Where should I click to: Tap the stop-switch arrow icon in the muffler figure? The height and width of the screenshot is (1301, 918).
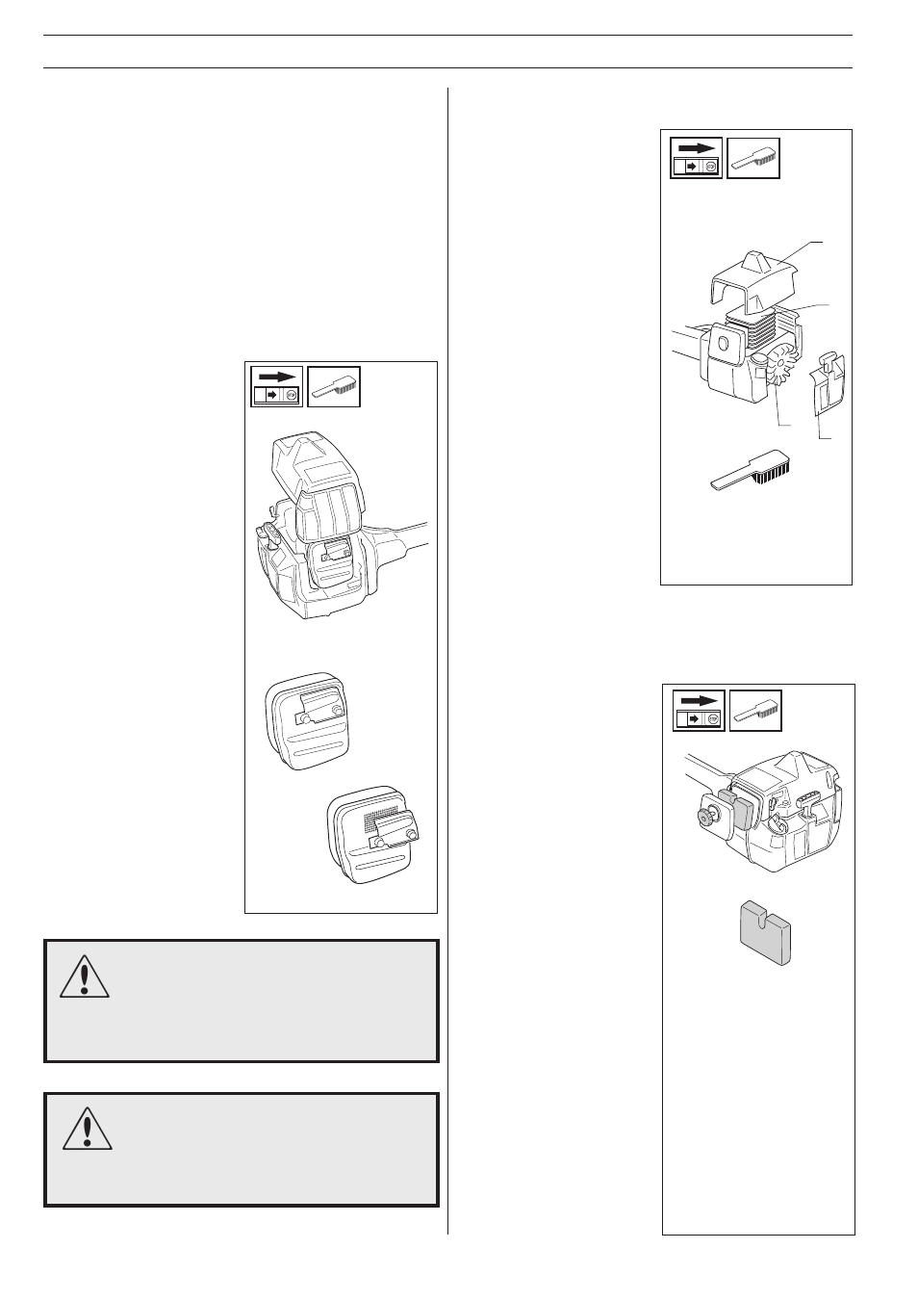277,386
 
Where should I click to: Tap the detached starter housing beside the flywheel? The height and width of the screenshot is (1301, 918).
829,384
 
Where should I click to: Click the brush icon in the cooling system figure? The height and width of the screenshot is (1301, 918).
753,158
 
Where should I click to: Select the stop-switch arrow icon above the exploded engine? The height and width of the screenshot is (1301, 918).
696,158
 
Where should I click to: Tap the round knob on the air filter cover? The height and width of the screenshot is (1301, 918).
704,817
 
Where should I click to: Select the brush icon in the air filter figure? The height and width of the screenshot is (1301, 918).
756,710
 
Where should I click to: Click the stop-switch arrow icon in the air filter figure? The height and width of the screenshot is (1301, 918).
699,710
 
